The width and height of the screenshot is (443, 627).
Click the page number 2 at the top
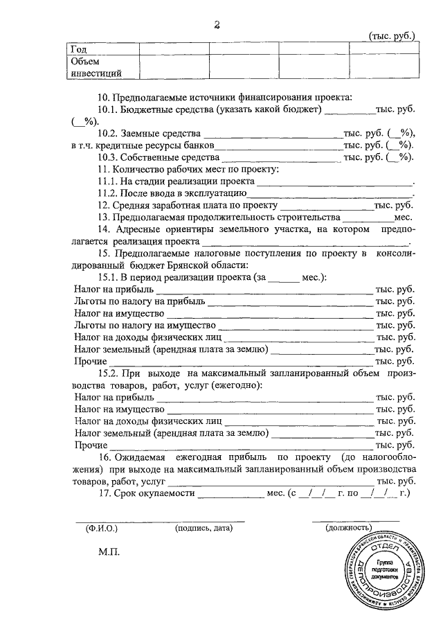coord(217,26)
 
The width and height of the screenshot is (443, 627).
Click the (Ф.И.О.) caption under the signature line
coord(102,529)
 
